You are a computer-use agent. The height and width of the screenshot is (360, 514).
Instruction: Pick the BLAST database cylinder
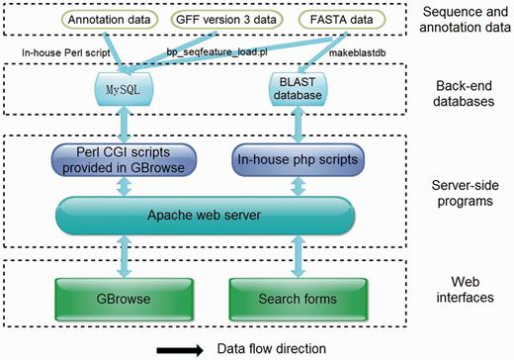[292, 90]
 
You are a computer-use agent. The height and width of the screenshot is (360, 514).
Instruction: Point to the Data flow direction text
[266, 348]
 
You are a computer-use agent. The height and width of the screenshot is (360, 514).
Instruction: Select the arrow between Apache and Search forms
[292, 255]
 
